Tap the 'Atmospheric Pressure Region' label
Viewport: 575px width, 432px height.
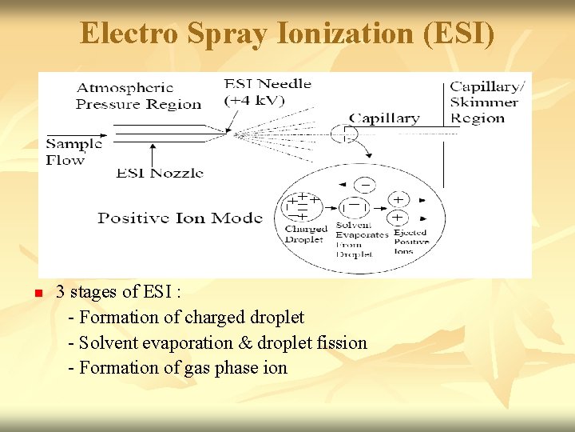(137, 95)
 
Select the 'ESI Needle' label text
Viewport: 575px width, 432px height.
(268, 83)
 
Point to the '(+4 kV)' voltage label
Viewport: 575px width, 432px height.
(255, 100)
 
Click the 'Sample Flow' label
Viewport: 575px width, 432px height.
(73, 152)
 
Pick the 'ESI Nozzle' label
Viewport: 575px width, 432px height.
(160, 173)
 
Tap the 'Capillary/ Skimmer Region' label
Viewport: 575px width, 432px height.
(488, 102)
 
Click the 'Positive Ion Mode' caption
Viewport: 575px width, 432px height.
(180, 218)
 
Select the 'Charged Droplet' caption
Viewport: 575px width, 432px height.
(304, 234)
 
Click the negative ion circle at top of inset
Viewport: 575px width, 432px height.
(365, 185)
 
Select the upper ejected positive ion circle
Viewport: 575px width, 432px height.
(397, 198)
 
